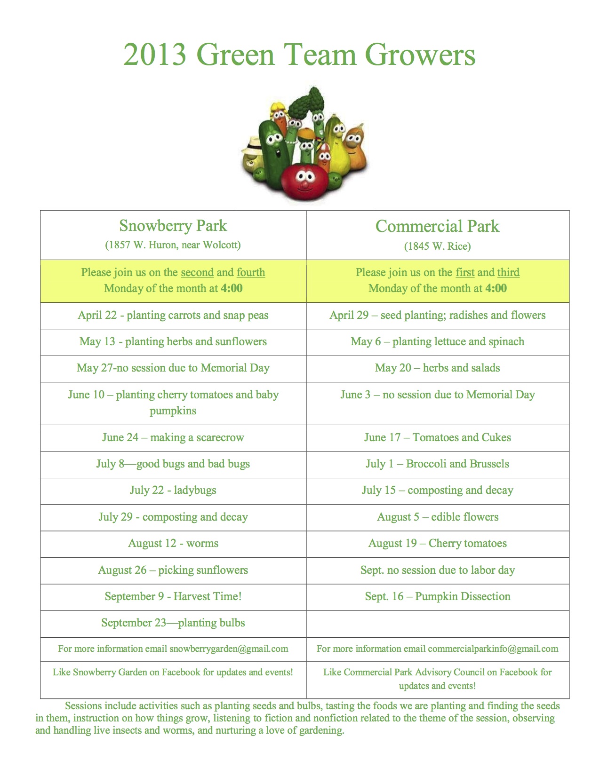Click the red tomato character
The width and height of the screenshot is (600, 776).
pyautogui.click(x=304, y=179)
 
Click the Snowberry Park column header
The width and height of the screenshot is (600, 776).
pyautogui.click(x=173, y=226)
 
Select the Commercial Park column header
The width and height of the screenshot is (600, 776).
pyautogui.click(x=437, y=226)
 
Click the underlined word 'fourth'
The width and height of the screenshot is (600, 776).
pyautogui.click(x=251, y=272)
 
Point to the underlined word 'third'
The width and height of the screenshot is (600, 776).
pyautogui.click(x=508, y=272)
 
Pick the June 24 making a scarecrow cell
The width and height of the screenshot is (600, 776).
pyautogui.click(x=173, y=437)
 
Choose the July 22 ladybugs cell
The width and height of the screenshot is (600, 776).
pyautogui.click(x=173, y=490)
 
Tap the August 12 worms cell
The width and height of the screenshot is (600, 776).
pyautogui.click(x=173, y=543)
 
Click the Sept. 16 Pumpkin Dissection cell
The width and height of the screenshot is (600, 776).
pyautogui.click(x=438, y=596)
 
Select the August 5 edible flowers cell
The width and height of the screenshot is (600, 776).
pyautogui.click(x=438, y=517)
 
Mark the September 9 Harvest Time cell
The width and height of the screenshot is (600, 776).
pyautogui.click(x=173, y=596)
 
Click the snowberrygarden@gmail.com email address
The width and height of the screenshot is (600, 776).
pyautogui.click(x=229, y=649)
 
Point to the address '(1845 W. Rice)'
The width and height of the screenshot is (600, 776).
pyautogui.click(x=437, y=246)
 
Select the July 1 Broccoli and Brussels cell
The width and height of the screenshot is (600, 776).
pyautogui.click(x=438, y=464)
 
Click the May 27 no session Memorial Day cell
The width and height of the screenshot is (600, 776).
pyautogui.click(x=173, y=368)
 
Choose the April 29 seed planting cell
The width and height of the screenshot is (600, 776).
pyautogui.click(x=438, y=315)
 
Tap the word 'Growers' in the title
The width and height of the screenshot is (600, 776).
pyautogui.click(x=420, y=55)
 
